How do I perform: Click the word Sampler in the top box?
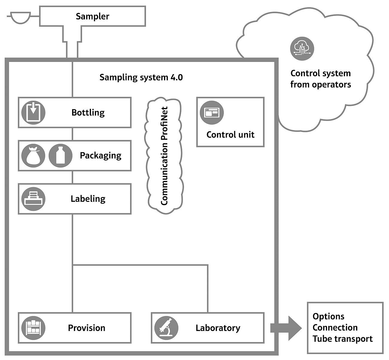click(x=92, y=16)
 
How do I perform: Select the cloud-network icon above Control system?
click(x=302, y=48)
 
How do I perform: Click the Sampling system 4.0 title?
click(x=141, y=77)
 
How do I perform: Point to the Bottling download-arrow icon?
click(x=33, y=112)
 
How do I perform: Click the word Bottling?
click(x=88, y=112)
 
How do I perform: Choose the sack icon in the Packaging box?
click(x=33, y=155)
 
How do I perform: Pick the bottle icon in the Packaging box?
click(x=60, y=155)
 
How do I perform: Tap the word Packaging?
click(x=101, y=156)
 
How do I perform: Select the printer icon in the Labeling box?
click(x=33, y=199)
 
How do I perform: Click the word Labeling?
click(x=88, y=199)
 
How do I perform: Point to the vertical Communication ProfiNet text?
click(x=164, y=156)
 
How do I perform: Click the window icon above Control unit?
click(x=212, y=112)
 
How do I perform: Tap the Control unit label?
click(x=230, y=135)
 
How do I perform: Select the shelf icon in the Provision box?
click(x=33, y=328)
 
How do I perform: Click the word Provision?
click(x=86, y=328)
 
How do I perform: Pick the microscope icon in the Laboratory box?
click(x=166, y=328)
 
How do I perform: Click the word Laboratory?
click(x=218, y=328)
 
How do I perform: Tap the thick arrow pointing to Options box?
click(x=286, y=328)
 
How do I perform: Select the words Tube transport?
click(x=343, y=339)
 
